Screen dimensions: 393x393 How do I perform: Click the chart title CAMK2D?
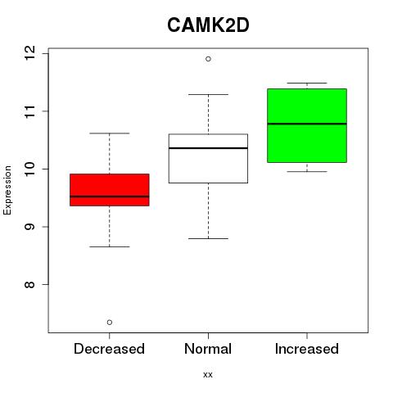(x=208, y=25)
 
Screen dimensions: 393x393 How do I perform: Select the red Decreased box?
(x=110, y=190)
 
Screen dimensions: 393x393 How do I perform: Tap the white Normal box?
(x=208, y=158)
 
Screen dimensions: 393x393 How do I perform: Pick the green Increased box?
(x=307, y=125)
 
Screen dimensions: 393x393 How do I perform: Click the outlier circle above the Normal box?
(x=208, y=59)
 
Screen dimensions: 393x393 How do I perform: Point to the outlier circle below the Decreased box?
(x=110, y=323)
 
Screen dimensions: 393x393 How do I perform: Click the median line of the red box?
(x=110, y=196)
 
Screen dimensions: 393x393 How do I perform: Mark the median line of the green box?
(x=307, y=124)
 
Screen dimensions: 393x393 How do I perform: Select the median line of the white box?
(x=208, y=148)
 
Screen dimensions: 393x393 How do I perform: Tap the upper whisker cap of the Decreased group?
(x=110, y=133)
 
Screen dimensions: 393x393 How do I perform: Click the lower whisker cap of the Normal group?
(x=208, y=238)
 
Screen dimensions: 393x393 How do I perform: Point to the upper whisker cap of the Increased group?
(x=307, y=83)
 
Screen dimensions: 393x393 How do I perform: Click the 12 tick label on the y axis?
(x=29, y=53)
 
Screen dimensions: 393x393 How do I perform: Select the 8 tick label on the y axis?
(x=29, y=284)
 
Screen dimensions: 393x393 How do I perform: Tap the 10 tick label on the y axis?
(x=29, y=169)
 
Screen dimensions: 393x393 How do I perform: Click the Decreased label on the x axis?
(x=109, y=349)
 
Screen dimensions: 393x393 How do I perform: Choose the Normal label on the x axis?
(x=208, y=349)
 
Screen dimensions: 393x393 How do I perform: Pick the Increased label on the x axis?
(x=307, y=349)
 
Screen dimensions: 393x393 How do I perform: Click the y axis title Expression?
(x=7, y=190)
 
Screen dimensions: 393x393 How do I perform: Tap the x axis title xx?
(x=208, y=375)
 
